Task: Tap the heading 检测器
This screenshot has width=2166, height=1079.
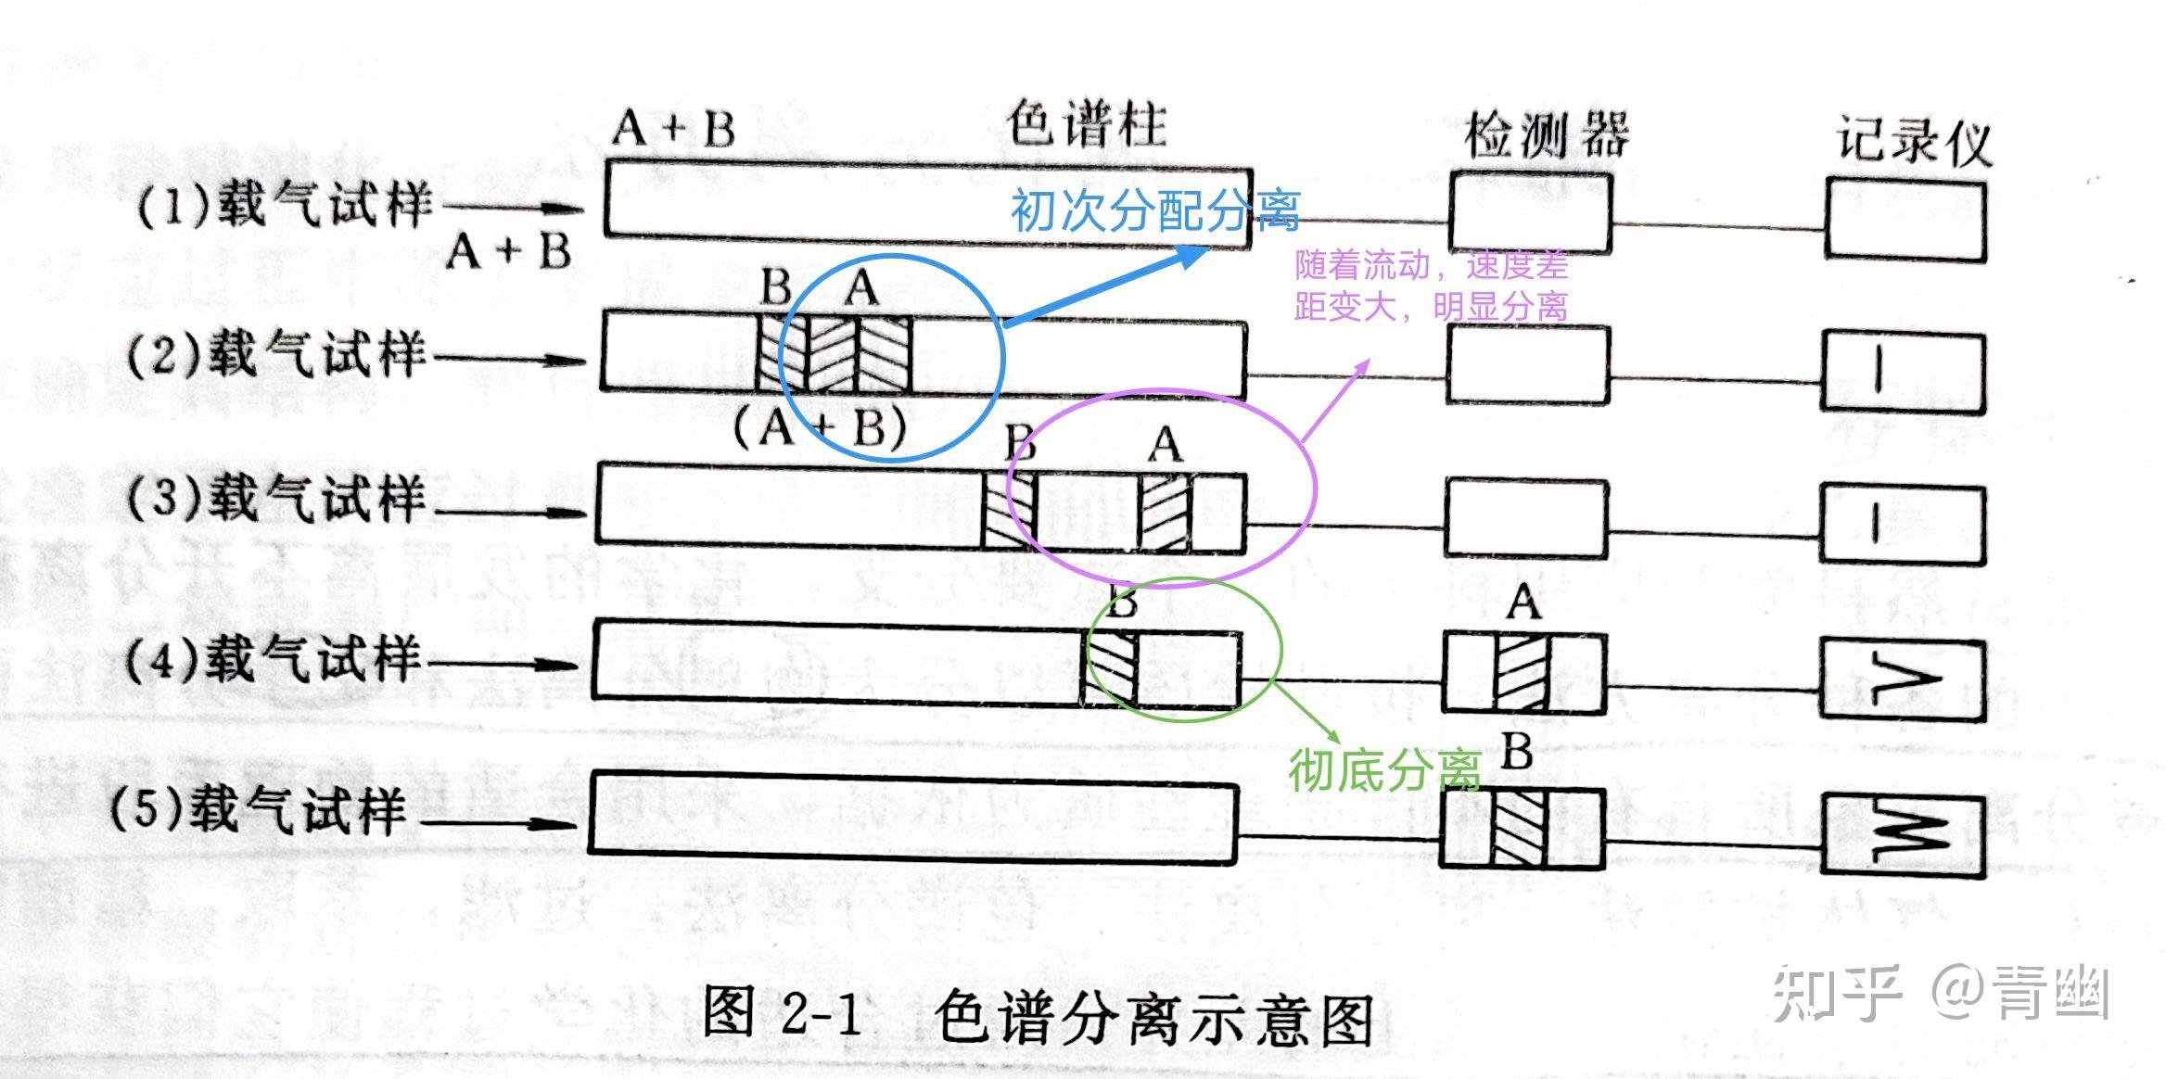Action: point(1546,137)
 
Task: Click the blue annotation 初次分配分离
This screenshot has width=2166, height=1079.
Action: point(1154,211)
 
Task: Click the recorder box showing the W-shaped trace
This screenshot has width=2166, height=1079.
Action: point(1903,834)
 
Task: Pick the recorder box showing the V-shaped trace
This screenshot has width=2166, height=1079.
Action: point(1903,679)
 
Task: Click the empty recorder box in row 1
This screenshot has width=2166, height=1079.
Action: point(1906,221)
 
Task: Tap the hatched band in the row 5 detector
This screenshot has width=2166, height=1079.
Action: point(1520,828)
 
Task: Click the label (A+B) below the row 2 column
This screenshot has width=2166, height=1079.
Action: point(820,428)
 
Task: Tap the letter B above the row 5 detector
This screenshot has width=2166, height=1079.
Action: point(1517,752)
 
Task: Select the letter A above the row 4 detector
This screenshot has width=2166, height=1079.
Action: point(1523,603)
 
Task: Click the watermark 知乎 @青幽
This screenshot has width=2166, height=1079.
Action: point(1942,994)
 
